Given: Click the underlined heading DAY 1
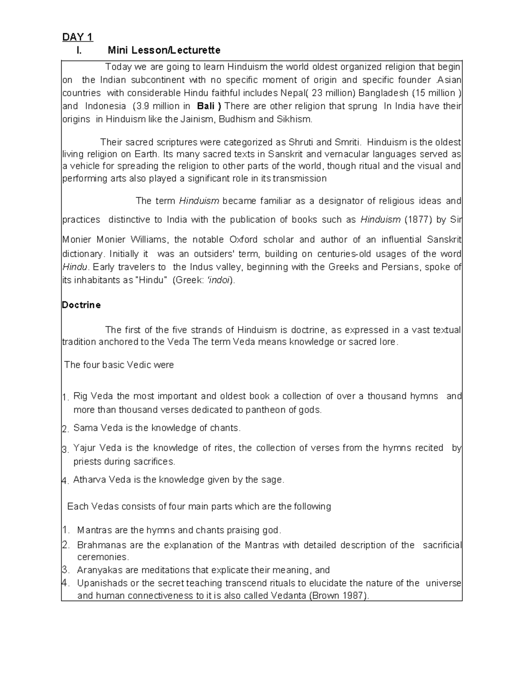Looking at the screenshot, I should pyautogui.click(x=77, y=37).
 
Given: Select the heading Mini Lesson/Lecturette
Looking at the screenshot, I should pyautogui.click(x=164, y=50).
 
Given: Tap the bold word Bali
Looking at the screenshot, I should pyautogui.click(x=206, y=106).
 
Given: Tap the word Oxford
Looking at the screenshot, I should pyautogui.click(x=243, y=240).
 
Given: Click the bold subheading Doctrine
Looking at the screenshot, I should pyautogui.click(x=81, y=305).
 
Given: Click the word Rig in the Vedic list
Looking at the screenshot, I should pyautogui.click(x=80, y=396).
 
